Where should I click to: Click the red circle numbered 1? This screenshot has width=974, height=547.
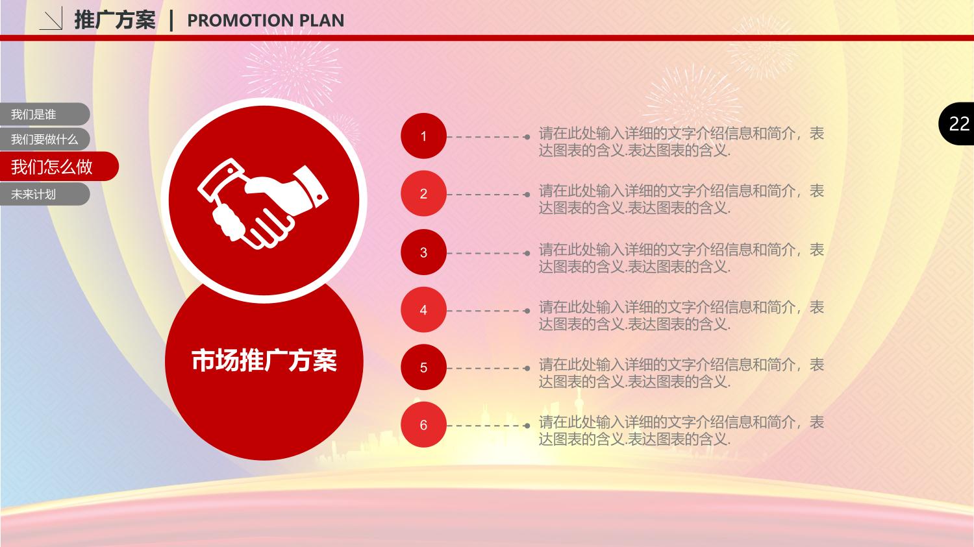click(423, 136)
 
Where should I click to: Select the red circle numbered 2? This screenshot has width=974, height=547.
click(423, 194)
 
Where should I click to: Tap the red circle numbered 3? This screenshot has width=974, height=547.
click(423, 252)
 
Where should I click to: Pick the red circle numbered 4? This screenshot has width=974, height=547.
click(423, 310)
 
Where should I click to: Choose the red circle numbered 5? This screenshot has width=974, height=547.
click(423, 367)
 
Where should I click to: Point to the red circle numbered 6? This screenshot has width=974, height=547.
click(423, 425)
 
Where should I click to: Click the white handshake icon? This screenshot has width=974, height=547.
click(262, 203)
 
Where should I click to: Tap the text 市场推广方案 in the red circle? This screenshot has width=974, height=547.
click(264, 360)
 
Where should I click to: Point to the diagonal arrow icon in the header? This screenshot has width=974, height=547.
click(51, 19)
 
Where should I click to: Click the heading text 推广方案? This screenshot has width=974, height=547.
click(115, 20)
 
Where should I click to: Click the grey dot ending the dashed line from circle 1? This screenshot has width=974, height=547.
click(527, 137)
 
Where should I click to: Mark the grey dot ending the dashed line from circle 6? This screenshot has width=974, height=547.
click(527, 426)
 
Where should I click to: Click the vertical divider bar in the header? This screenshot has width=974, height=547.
click(171, 20)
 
